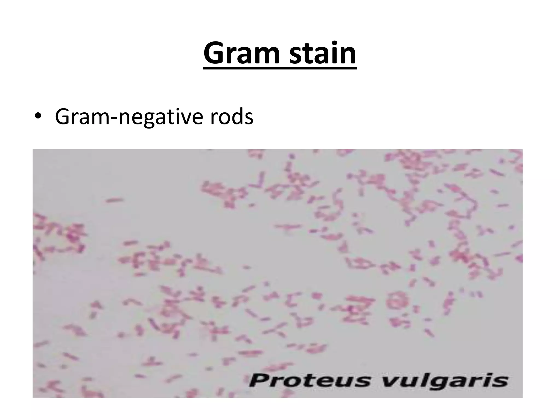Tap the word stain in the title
(x=323, y=53)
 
